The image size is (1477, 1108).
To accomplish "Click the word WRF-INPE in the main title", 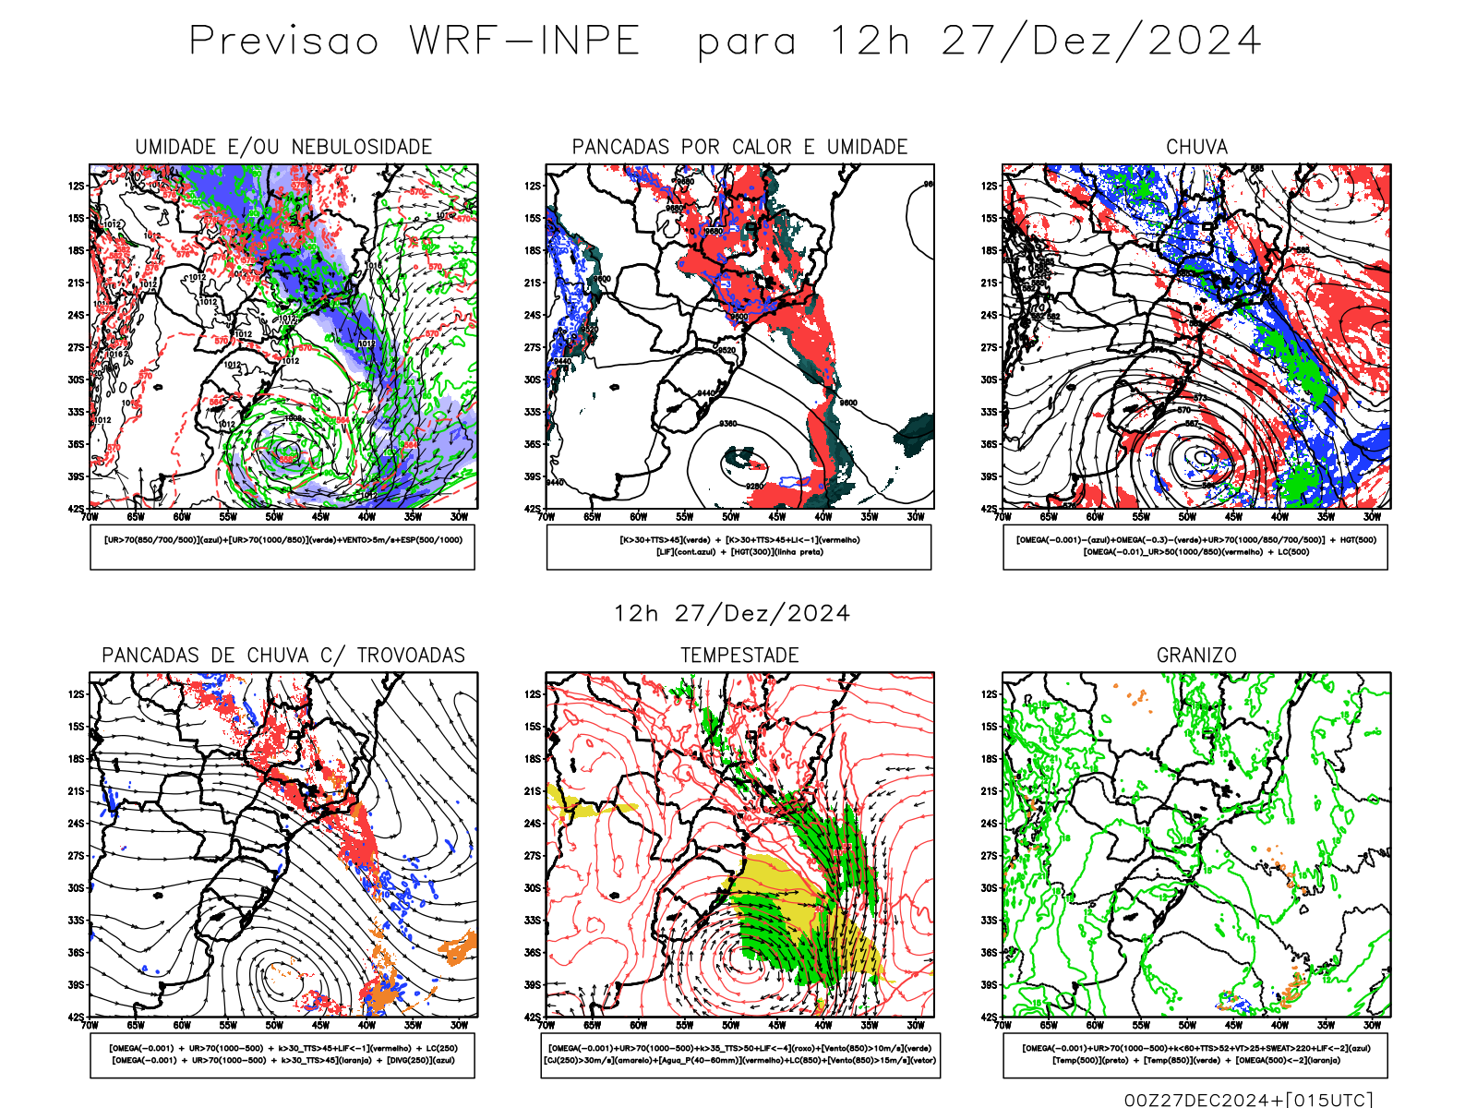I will (x=524, y=42).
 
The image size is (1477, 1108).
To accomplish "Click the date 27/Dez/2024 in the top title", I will (x=1101, y=42).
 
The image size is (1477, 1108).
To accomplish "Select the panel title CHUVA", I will (x=1196, y=147).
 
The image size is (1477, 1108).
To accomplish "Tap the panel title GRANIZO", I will (x=1196, y=656).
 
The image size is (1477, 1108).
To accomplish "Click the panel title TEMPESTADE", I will (x=739, y=656).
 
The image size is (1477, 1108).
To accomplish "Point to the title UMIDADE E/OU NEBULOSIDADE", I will (x=283, y=147).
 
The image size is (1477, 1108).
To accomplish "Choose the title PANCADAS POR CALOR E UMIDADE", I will (x=739, y=147).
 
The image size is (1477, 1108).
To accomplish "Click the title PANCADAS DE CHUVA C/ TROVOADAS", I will (x=283, y=656).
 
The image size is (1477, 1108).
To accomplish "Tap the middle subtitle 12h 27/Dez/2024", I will (x=732, y=614).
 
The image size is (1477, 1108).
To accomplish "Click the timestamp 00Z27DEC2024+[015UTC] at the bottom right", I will (x=1248, y=1100).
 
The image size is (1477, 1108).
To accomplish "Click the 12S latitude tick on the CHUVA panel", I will (x=990, y=187).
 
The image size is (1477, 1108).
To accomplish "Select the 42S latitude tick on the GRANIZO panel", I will (x=990, y=1018).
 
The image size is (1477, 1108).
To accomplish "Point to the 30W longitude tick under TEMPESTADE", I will (x=915, y=1025).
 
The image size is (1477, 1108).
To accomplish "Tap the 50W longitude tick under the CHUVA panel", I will (x=1187, y=517).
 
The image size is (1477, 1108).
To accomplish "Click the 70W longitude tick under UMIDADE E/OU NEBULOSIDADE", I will (x=90, y=517).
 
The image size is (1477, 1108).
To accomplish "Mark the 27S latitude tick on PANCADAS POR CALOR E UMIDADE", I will (x=533, y=348).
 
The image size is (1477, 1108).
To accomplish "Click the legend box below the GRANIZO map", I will (x=1195, y=1054).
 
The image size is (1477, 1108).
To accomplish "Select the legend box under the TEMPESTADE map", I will (x=739, y=1054).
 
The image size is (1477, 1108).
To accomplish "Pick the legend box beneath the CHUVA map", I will (x=1195, y=547).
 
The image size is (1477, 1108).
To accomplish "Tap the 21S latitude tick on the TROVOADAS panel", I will (x=76, y=791).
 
